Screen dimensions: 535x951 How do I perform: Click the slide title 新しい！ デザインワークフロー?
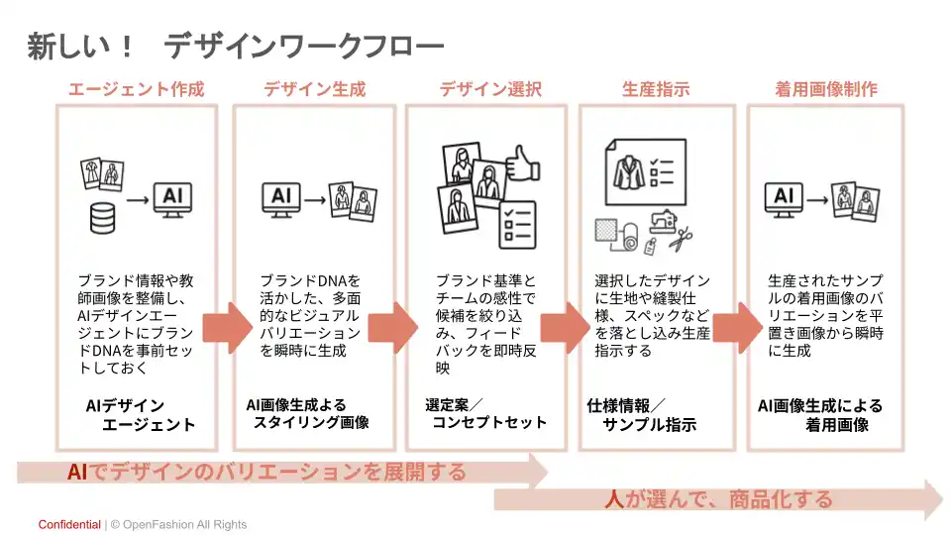point(236,46)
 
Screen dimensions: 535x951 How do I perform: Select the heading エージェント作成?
point(136,89)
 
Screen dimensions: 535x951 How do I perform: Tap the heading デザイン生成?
point(314,89)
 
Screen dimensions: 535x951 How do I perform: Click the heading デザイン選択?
point(490,89)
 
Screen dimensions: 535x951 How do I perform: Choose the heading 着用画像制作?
point(826,89)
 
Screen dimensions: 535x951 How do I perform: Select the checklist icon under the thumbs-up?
point(518,224)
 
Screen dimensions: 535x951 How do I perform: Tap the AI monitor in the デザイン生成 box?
point(280,197)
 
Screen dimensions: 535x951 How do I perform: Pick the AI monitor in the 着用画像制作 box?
point(784,197)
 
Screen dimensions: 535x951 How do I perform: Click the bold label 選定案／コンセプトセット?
point(485,414)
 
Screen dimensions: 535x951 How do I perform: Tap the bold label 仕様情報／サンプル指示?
point(641,415)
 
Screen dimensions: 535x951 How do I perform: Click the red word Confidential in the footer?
point(69,524)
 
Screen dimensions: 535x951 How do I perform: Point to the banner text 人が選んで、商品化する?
point(718,498)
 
